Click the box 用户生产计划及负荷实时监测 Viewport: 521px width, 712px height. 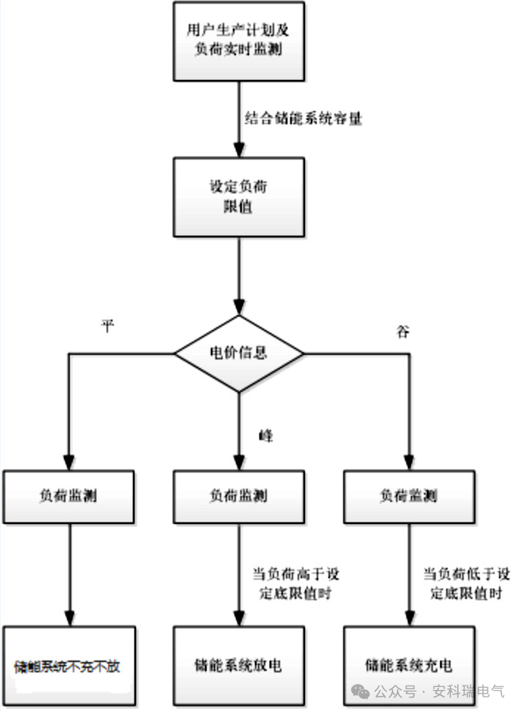pos(238,40)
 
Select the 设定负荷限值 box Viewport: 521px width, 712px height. pos(238,196)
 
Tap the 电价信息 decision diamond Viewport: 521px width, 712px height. pos(238,353)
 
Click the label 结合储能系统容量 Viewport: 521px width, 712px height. pos(304,118)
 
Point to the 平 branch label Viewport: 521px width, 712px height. pos(108,326)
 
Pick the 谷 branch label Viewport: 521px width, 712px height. pos(402,331)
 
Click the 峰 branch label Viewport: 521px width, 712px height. pos(265,436)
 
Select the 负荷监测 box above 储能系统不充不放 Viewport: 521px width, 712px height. pos(69,496)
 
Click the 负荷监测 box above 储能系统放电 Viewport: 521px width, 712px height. pos(238,496)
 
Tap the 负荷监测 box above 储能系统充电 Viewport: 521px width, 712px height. pos(408,496)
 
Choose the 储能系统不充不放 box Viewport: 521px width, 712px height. pos(69,666)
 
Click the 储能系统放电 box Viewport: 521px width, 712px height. pos(238,666)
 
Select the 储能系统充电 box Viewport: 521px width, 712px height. pos(408,666)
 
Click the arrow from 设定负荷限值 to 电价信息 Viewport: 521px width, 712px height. pos(238,276)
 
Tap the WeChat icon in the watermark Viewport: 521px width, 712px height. pos(359,691)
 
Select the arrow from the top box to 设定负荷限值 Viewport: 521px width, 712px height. pos(238,118)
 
